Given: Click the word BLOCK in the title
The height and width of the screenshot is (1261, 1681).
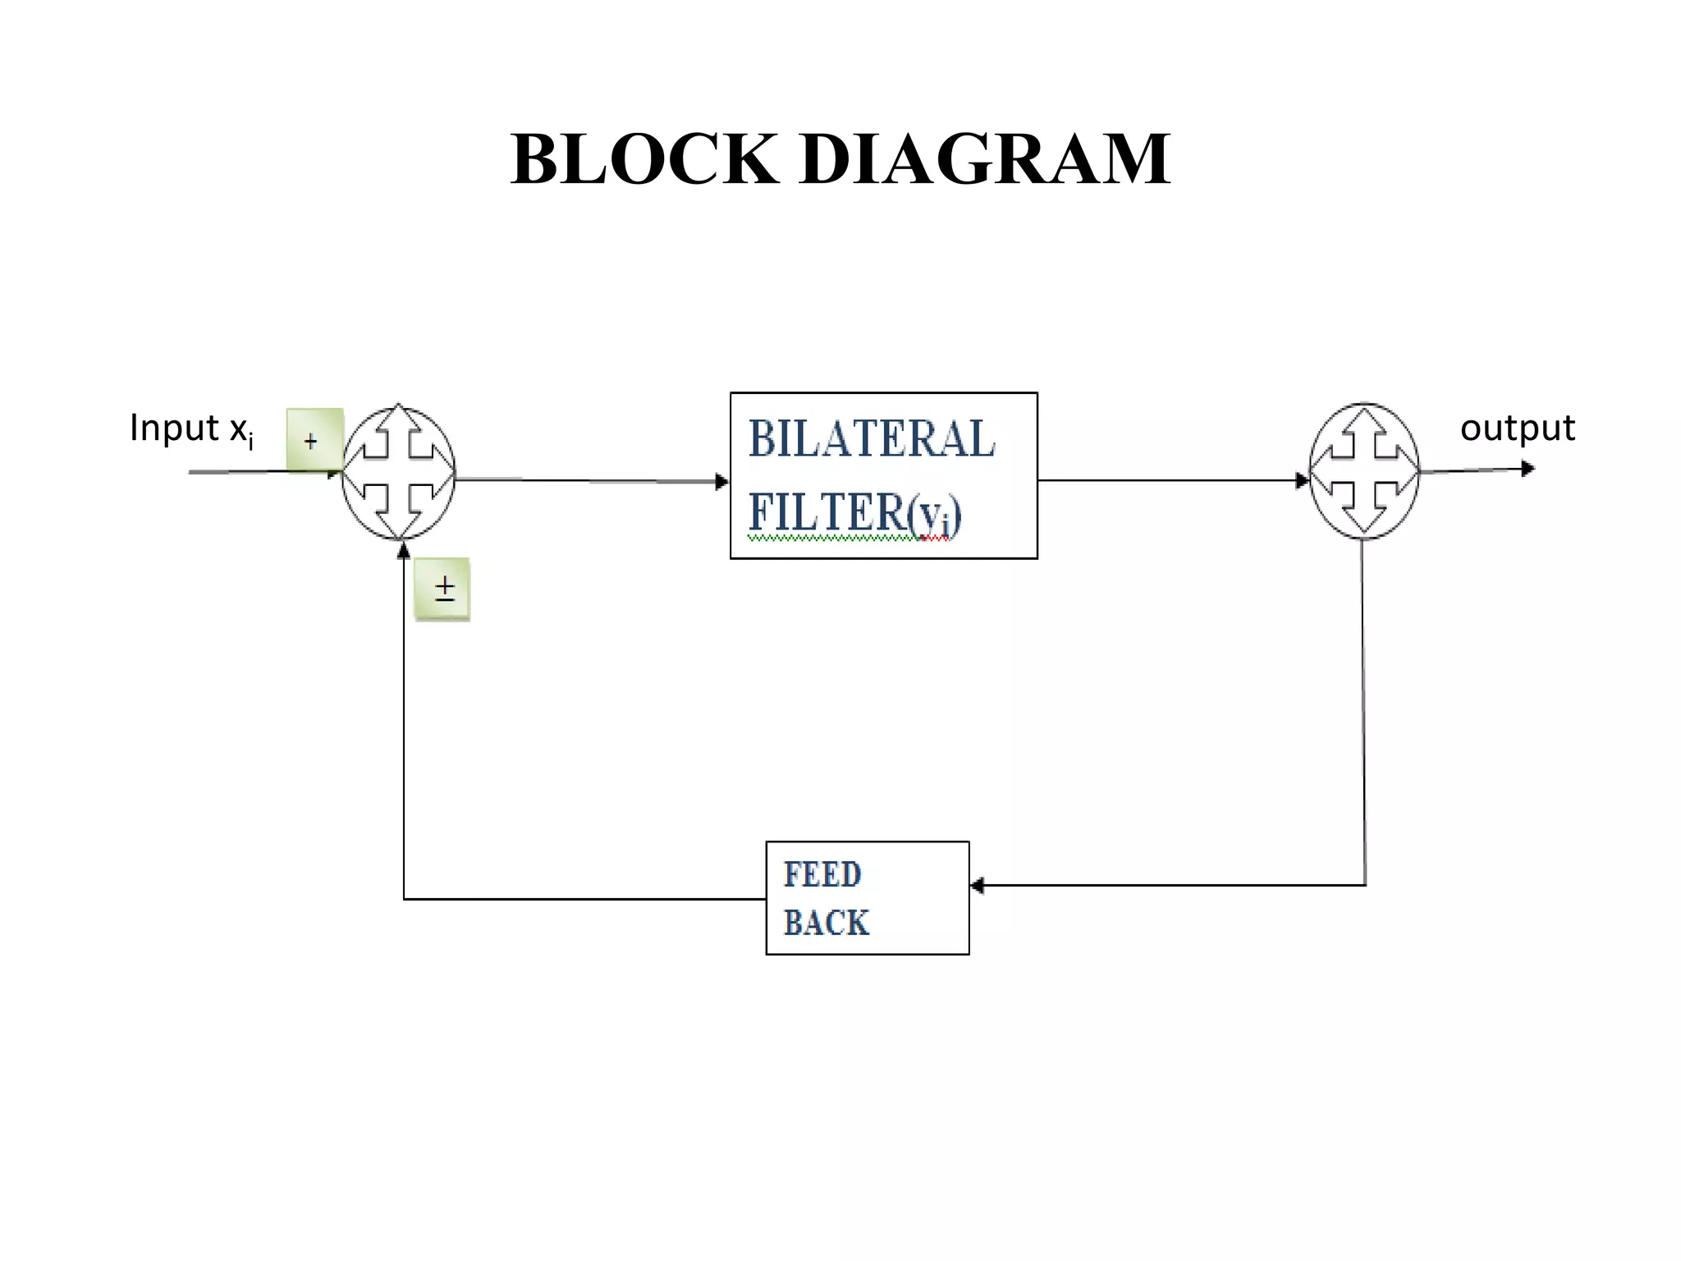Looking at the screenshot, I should [644, 159].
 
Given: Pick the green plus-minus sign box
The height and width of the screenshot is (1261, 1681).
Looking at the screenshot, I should [442, 589].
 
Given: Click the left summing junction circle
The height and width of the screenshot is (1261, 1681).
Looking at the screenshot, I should [399, 472].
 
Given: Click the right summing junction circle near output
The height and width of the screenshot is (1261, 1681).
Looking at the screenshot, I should [1363, 471].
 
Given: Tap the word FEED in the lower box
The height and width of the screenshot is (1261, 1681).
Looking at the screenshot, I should [822, 874].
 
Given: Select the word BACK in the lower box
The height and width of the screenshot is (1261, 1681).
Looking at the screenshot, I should [826, 923].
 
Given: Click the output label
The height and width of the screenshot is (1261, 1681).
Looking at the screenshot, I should [1517, 429].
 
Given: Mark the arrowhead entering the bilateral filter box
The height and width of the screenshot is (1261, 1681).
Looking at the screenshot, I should [722, 482].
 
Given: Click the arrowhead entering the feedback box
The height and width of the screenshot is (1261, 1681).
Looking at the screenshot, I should [977, 885].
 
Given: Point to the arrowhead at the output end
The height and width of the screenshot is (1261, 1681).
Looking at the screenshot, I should [1528, 469].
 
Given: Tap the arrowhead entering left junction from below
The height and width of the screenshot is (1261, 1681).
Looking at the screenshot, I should [403, 550].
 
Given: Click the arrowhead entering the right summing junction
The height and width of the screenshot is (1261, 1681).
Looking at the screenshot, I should [1302, 480].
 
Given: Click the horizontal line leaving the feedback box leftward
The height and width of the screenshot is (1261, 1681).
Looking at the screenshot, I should [583, 899].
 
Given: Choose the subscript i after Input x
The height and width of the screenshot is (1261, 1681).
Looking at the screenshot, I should [250, 442].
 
